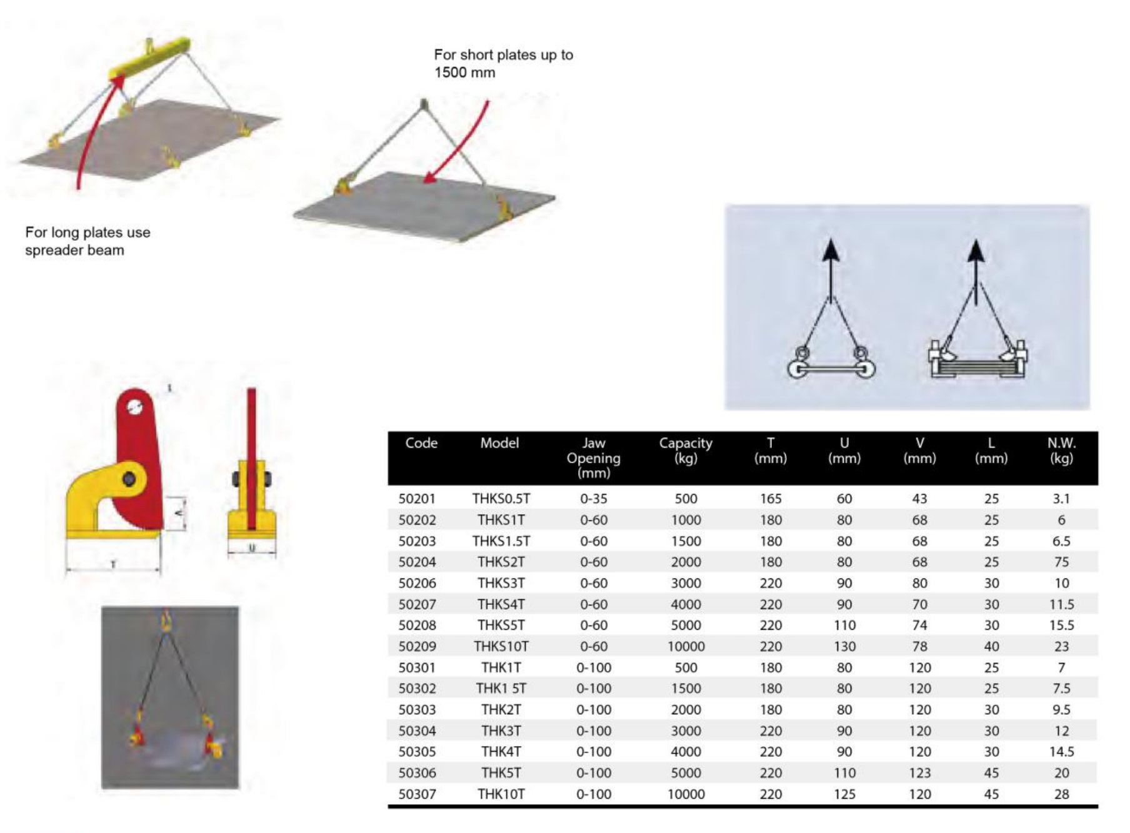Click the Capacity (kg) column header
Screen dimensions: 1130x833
686,450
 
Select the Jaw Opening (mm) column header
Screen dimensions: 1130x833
593,458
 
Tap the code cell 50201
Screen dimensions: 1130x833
417,498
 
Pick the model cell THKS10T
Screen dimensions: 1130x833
501,646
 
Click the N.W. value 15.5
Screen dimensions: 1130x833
1061,625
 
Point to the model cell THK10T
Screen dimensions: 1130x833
501,794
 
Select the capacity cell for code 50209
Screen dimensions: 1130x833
686,646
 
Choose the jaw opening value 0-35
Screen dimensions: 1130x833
593,498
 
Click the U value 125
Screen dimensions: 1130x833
844,794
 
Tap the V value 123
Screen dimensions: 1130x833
919,773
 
